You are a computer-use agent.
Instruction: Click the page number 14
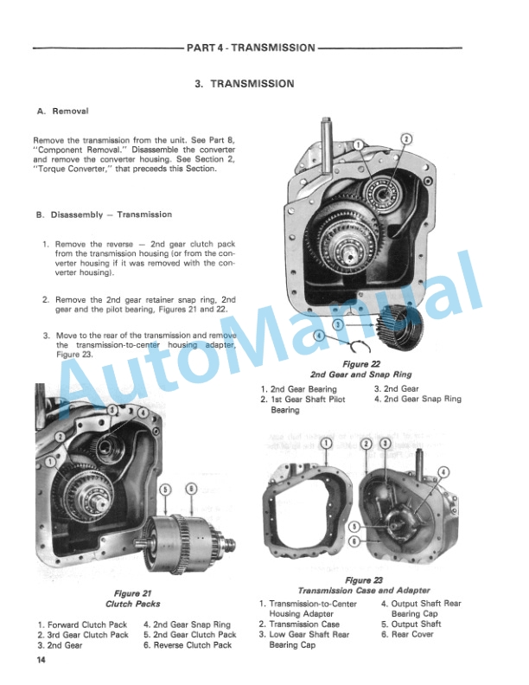click(41, 662)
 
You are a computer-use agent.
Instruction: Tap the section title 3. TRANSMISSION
click(245, 84)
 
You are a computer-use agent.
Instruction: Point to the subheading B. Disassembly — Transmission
click(105, 214)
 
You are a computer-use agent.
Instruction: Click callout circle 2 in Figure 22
click(407, 139)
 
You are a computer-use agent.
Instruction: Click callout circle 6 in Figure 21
click(191, 488)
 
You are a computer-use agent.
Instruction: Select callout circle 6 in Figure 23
click(354, 541)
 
